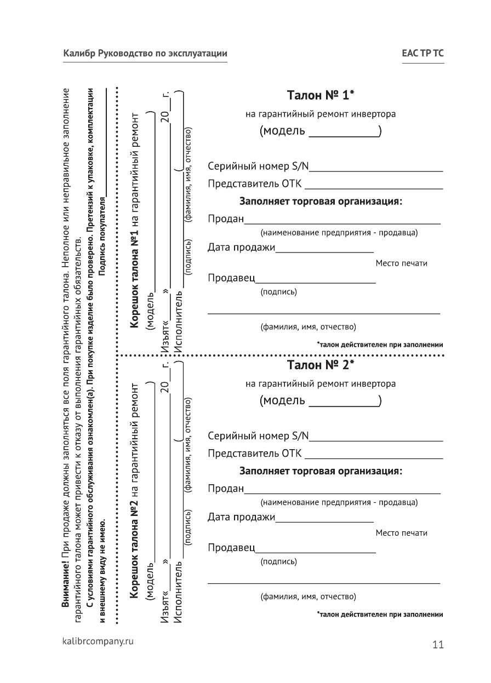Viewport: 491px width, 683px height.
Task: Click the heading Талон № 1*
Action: pyautogui.click(x=321, y=95)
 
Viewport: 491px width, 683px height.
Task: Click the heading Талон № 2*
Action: pyautogui.click(x=321, y=364)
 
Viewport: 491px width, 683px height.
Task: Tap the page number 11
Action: pyautogui.click(x=437, y=644)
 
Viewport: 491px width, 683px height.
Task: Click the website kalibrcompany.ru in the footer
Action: pyautogui.click(x=99, y=640)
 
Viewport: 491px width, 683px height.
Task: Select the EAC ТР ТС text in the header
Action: pyautogui.click(x=423, y=54)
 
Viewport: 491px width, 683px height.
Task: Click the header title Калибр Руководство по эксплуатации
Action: pyautogui.click(x=145, y=54)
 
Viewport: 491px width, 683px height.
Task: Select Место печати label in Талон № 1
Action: pyautogui.click(x=402, y=263)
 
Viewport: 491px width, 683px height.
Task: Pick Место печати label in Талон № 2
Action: pyautogui.click(x=402, y=533)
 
